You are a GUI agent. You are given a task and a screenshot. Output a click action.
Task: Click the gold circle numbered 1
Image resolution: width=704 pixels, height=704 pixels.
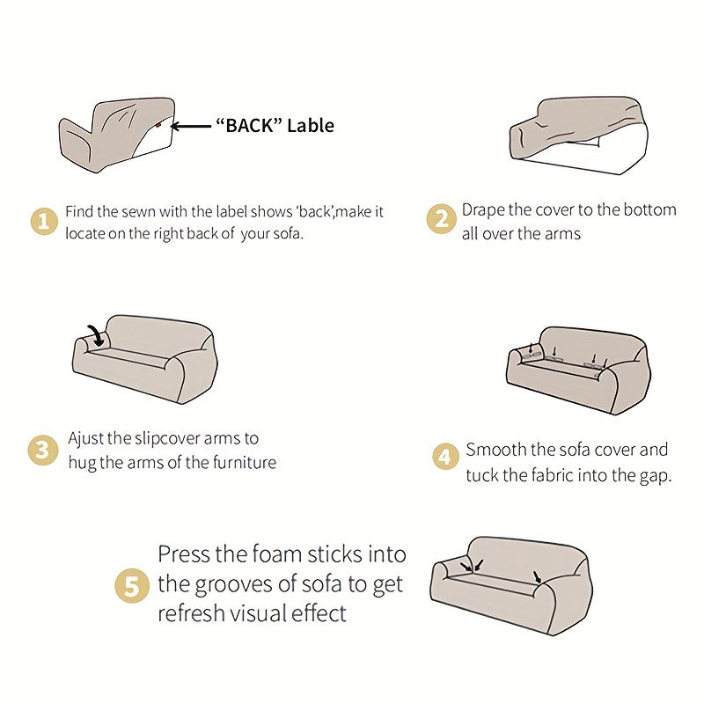click(44, 221)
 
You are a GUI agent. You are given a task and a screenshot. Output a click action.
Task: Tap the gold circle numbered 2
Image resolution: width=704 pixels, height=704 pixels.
click(442, 218)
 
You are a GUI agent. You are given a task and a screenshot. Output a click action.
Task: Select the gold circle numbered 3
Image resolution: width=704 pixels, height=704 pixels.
click(42, 451)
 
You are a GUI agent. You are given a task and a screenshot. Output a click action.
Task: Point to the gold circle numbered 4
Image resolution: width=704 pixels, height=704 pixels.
click(445, 456)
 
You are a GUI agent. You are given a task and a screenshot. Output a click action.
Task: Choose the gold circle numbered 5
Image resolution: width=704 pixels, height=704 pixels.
click(131, 585)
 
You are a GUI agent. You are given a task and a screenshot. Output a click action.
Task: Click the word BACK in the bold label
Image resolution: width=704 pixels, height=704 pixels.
click(249, 125)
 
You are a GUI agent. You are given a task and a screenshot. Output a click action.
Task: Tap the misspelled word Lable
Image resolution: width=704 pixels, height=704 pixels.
click(311, 125)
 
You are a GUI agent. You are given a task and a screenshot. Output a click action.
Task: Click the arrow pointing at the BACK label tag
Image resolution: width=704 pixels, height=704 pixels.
click(191, 127)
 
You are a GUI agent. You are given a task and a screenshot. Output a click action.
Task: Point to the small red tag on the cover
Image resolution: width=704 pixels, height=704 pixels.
click(158, 125)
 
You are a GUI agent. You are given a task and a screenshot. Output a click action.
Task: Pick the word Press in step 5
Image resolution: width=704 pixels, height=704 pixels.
click(184, 554)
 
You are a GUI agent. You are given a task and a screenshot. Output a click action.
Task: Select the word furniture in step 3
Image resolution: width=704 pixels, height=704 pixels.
click(245, 462)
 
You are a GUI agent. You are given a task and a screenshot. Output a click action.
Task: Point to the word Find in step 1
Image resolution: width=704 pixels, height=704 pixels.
click(79, 211)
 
